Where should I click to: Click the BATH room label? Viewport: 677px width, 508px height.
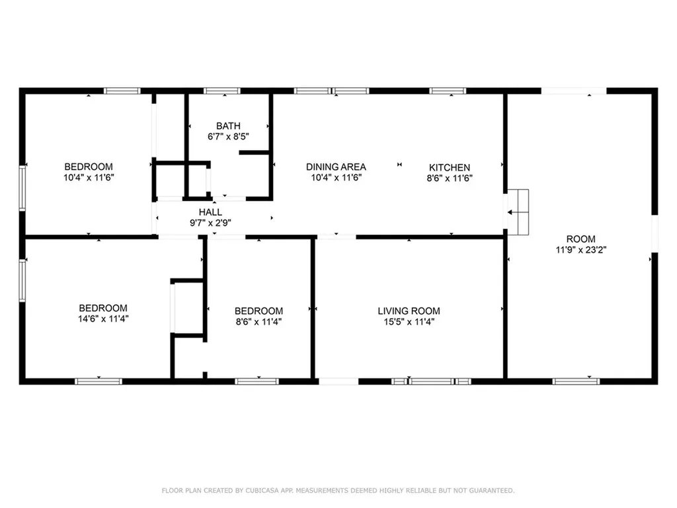tap(228, 126)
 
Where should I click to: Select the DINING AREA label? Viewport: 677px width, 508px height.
tap(336, 167)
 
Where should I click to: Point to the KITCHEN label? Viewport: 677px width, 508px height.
tap(450, 167)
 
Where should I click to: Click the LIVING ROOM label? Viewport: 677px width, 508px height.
tap(409, 311)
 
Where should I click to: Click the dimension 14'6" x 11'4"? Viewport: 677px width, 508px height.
tap(103, 319)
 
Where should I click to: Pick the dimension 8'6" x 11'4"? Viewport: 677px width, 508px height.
tap(259, 322)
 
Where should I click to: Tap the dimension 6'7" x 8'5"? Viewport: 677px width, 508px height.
tap(228, 137)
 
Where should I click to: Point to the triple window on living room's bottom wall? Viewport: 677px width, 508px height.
tap(431, 381)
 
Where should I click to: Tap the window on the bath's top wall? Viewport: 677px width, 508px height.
tap(221, 91)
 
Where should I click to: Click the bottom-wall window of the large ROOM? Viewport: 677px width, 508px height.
tap(576, 381)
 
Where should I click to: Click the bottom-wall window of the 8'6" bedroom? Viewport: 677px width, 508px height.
tap(257, 381)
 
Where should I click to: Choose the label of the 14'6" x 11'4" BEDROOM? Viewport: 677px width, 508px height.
tap(103, 308)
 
